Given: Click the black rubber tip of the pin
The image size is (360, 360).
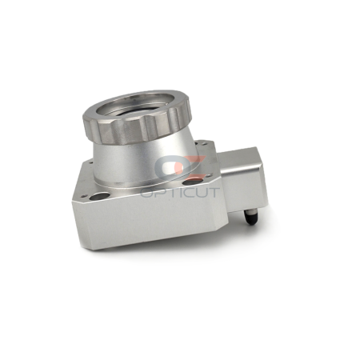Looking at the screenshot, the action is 252,220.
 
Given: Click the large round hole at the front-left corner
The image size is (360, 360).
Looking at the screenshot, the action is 99,197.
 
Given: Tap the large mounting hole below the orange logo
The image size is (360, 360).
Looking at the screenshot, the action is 193,182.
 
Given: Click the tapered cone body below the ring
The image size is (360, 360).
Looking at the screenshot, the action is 144,162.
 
